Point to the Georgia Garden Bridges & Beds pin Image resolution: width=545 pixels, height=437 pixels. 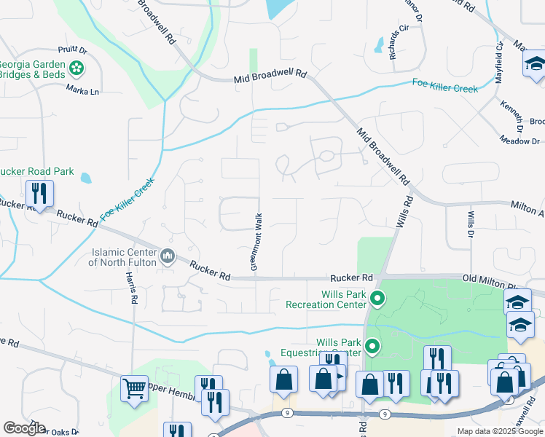tap(77, 69)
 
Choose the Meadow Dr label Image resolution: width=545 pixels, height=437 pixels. tap(519, 141)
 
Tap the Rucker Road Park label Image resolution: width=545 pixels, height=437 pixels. tap(37, 172)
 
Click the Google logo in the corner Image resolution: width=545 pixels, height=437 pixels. tap(24, 428)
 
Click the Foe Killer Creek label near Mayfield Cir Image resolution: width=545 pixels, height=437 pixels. tap(444, 85)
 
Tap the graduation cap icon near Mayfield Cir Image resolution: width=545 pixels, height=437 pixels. tap(534, 64)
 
